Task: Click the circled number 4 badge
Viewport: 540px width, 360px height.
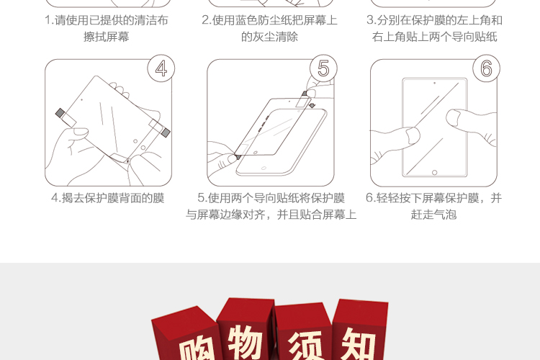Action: point(161,68)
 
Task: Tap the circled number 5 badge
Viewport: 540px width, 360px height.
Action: point(323,68)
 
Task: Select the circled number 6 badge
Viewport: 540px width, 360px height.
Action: point(486,68)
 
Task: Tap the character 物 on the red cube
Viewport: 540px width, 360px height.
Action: point(246,341)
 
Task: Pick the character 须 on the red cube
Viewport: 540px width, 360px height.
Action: point(305,346)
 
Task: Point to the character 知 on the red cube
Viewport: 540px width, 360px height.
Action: point(358,344)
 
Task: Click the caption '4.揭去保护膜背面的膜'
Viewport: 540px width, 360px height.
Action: point(108,198)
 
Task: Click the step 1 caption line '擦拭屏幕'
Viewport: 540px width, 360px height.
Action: point(107,37)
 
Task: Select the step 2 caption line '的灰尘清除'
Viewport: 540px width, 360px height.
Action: point(269,37)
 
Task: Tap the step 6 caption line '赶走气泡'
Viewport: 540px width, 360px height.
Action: point(433,215)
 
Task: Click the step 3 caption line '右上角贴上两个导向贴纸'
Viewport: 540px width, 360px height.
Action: point(435,37)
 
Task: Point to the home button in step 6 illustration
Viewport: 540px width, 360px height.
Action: point(435,172)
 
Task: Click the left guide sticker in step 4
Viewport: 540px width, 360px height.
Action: point(66,118)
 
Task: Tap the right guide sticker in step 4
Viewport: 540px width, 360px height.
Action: point(160,128)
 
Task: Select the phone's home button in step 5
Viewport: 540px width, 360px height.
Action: point(264,168)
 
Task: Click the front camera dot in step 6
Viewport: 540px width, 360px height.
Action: point(435,83)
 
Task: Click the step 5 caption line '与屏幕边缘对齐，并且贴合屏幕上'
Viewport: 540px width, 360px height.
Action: point(271,215)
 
